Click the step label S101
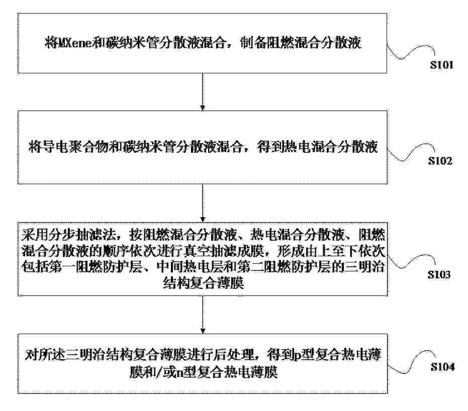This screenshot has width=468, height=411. [x=442, y=65]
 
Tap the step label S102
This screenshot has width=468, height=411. [x=440, y=161]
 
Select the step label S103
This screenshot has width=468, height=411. [x=439, y=274]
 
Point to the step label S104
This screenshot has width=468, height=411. [x=443, y=367]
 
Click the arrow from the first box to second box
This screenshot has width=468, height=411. [x=203, y=91]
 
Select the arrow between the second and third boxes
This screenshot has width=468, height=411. [x=203, y=203]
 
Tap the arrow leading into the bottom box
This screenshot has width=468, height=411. [x=203, y=315]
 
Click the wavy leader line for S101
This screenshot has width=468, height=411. [x=411, y=52]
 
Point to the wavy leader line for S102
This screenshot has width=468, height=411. [x=411, y=152]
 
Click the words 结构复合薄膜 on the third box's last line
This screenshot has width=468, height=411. [x=204, y=283]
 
